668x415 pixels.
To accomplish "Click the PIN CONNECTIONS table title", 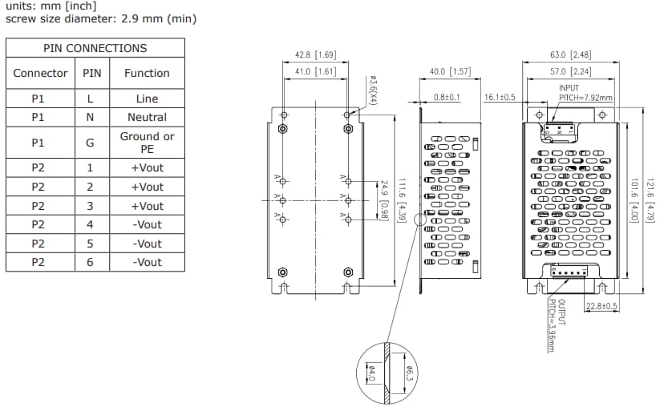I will click(95, 48).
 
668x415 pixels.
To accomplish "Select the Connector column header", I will click(40, 73).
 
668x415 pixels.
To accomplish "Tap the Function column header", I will click(147, 73).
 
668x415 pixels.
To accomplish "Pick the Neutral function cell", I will click(147, 117).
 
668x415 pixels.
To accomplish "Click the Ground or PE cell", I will click(147, 143).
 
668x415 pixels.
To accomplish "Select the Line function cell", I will click(147, 99).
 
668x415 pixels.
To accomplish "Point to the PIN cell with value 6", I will click(90, 262).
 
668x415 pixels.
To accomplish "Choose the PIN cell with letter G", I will click(90, 143).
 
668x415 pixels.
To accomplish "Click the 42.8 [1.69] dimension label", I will click(314, 55).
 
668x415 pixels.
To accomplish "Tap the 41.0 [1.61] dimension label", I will click(314, 71).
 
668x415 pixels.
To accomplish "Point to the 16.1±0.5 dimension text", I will click(500, 97).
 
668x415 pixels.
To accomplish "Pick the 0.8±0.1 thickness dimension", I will click(447, 97).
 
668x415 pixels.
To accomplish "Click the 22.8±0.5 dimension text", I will click(601, 306).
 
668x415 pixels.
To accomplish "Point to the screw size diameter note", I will click(101, 18).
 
